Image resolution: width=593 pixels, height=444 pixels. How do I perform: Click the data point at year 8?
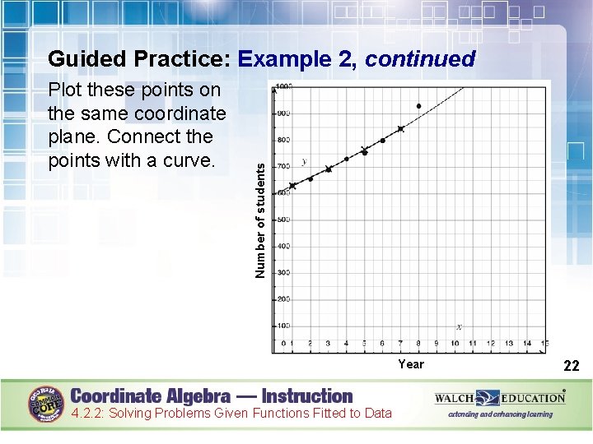(x=418, y=106)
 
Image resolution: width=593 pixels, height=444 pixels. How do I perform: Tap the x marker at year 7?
(x=401, y=129)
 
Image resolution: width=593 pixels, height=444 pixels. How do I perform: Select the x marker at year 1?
(x=292, y=186)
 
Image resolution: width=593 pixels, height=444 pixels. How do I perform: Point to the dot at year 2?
(x=311, y=179)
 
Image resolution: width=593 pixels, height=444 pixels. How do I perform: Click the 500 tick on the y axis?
(x=282, y=220)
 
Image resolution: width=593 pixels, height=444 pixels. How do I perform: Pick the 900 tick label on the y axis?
(x=282, y=113)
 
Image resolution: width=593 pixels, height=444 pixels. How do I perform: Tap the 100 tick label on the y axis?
(x=282, y=326)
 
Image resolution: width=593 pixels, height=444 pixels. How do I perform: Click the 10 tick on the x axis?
(x=455, y=343)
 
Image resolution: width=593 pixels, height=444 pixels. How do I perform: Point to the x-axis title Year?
(x=410, y=364)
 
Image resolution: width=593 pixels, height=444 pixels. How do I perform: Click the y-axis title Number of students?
(x=260, y=219)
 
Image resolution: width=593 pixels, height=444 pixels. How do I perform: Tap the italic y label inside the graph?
(x=304, y=161)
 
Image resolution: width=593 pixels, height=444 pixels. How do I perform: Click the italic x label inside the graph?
(x=459, y=326)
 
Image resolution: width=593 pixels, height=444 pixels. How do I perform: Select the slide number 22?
(x=572, y=366)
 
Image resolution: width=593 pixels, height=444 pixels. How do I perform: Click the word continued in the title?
(x=420, y=59)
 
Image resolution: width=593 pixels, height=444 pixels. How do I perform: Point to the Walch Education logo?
(x=500, y=398)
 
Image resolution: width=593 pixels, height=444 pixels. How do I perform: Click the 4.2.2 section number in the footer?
(x=88, y=414)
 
